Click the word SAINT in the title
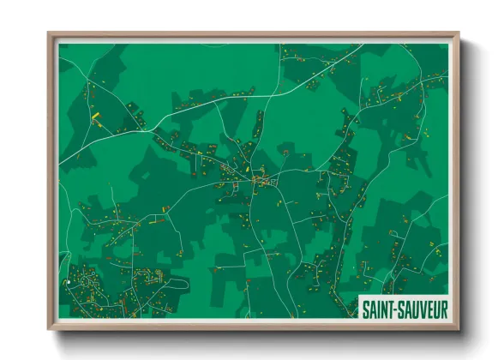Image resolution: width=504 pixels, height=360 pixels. pyautogui.click(x=376, y=307)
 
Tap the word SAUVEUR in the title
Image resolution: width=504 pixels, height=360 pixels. pyautogui.click(x=419, y=307)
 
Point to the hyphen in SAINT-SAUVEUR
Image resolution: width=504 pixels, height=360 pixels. pyautogui.click(x=393, y=307)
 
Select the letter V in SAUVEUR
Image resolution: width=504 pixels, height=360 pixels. pyautogui.click(x=417, y=307)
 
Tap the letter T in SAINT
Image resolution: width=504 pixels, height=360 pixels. pyautogui.click(x=387, y=307)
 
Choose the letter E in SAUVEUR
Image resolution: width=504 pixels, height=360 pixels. pyautogui.click(x=425, y=307)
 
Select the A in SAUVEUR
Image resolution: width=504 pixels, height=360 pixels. pyautogui.click(x=403, y=307)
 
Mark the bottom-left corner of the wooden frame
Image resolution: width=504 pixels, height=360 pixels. pyautogui.click(x=50, y=328)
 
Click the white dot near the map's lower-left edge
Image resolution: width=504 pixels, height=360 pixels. pyautogui.click(x=67, y=282)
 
